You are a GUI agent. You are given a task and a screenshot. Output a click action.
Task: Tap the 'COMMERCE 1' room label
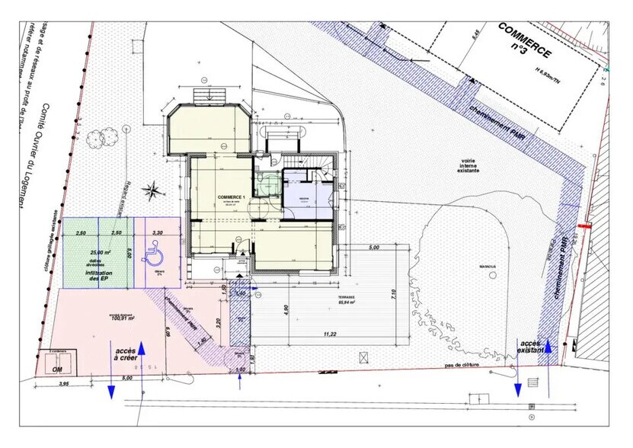[x=232, y=197]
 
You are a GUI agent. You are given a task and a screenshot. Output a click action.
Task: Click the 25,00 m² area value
[x=99, y=252]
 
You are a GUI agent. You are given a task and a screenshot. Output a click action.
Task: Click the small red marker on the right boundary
[x=584, y=226]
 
